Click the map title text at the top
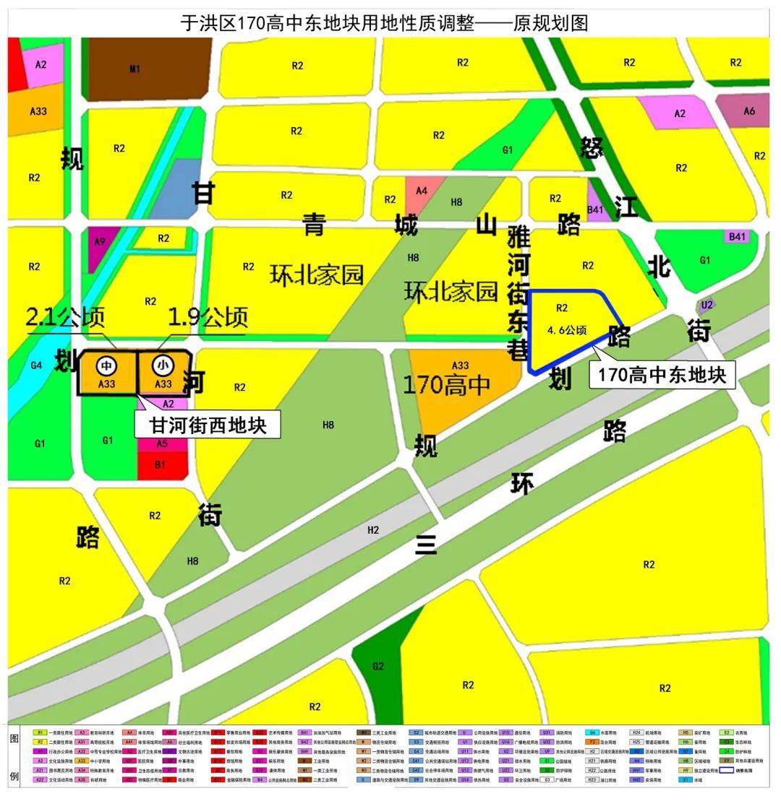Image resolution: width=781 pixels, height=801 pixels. point(384,22)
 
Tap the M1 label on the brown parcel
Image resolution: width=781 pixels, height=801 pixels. point(135,69)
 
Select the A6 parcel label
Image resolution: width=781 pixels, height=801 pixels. point(748,111)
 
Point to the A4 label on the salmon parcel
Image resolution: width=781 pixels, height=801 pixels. point(422,191)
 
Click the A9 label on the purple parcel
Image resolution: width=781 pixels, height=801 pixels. point(100,241)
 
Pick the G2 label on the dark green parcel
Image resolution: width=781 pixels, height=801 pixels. point(377,666)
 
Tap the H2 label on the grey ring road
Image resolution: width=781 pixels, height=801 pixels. point(373,530)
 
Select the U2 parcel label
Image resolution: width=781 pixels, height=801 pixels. point(707,305)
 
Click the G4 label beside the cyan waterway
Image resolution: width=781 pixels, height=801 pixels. point(36,365)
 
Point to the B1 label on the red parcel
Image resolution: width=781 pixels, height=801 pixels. point(161,465)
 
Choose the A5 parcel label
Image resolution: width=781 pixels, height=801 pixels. point(162,443)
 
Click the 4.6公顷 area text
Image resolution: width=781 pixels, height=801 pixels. point(566,330)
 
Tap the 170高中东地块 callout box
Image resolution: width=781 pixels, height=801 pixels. point(662,375)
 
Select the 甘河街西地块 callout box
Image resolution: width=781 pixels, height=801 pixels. point(208,425)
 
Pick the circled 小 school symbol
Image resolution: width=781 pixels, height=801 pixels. point(163,366)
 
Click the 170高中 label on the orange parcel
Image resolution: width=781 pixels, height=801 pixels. point(446,385)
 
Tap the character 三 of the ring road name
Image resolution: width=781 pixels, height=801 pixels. point(426,543)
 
